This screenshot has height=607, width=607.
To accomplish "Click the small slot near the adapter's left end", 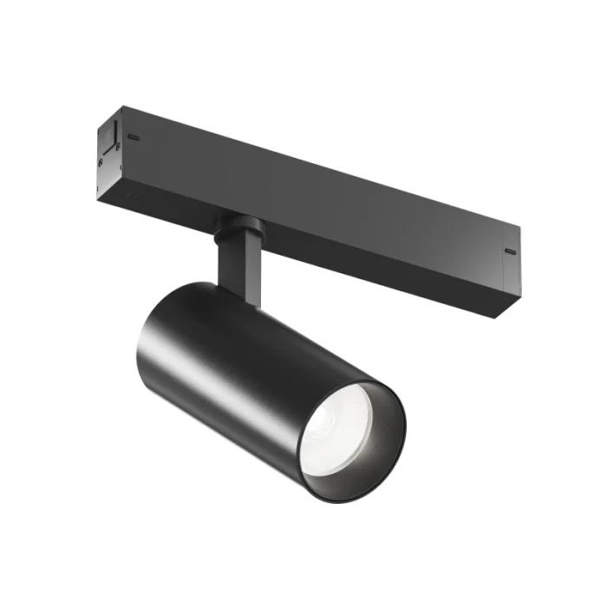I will pos(134,137).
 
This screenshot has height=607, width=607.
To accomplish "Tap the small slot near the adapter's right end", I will pos(509,251).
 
